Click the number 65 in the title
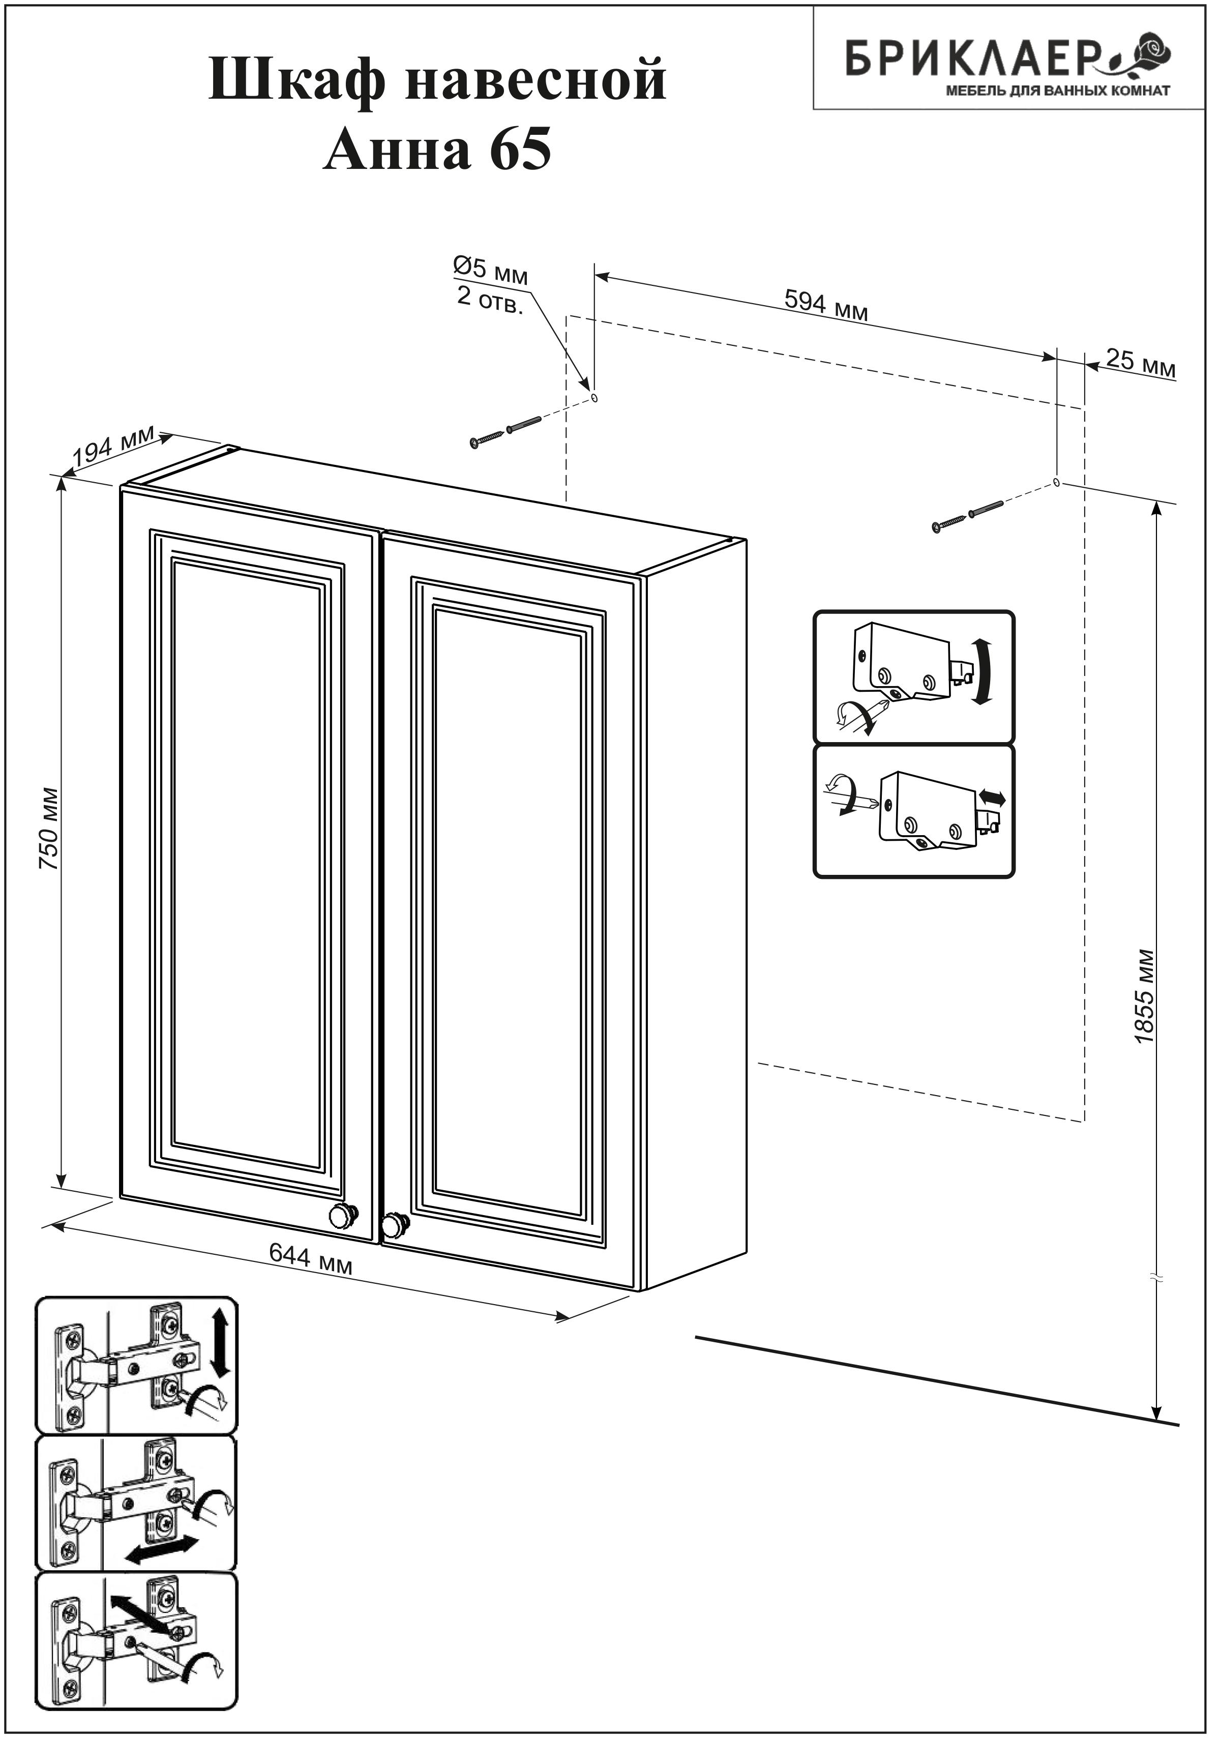(520, 149)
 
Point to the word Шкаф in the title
(296, 79)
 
